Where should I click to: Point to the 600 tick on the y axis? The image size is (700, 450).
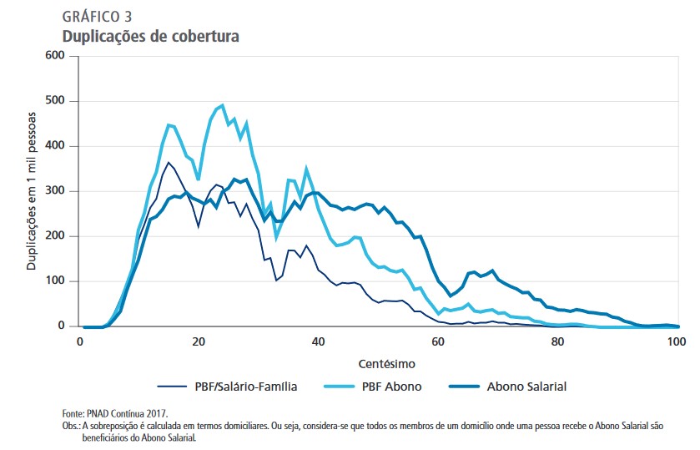tap(54, 56)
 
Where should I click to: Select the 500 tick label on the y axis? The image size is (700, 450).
tap(54, 101)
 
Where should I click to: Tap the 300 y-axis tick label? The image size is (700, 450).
tap(54, 191)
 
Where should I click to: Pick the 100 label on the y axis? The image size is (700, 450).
tap(54, 281)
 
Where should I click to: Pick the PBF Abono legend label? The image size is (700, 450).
tap(391, 387)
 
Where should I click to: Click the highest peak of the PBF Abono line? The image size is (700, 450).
tap(222, 105)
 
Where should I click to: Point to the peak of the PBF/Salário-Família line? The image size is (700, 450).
tap(169, 162)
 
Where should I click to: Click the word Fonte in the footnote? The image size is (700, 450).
tap(73, 413)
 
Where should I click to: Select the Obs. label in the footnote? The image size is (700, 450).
tap(72, 426)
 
